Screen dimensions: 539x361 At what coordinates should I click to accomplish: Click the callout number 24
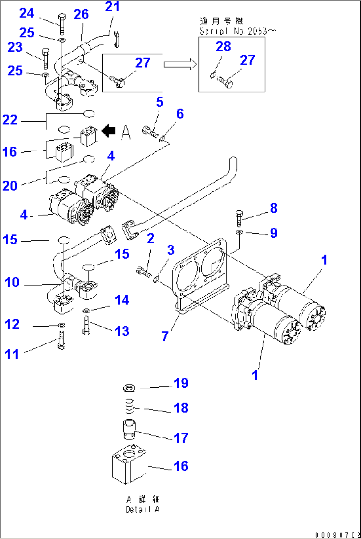click(x=26, y=13)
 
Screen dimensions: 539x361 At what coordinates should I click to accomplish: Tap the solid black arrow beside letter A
click(x=108, y=131)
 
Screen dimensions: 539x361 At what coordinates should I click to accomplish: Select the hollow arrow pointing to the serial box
click(x=180, y=64)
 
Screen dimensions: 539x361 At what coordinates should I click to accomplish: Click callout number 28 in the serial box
click(x=223, y=46)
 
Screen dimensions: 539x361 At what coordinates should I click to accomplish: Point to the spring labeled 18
click(x=130, y=406)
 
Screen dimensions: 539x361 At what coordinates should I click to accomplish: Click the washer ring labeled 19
click(x=129, y=387)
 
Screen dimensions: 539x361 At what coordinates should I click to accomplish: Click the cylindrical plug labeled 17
click(x=129, y=429)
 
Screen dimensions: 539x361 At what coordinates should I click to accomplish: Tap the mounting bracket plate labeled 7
click(x=199, y=275)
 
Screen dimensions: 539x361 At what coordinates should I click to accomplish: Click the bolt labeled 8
click(x=239, y=218)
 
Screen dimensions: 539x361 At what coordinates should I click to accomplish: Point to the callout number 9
click(x=274, y=233)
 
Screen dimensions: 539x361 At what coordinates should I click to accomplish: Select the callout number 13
click(x=122, y=331)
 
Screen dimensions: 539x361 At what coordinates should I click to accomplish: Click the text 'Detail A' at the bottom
click(x=142, y=510)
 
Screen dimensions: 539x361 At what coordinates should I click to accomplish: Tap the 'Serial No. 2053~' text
click(x=237, y=31)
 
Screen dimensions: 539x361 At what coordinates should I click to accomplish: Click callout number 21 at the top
click(x=112, y=7)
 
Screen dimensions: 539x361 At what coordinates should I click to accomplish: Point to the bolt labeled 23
click(x=46, y=59)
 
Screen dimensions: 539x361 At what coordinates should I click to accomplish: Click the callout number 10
click(x=12, y=282)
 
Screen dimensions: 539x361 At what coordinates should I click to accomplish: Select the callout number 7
click(x=165, y=336)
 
